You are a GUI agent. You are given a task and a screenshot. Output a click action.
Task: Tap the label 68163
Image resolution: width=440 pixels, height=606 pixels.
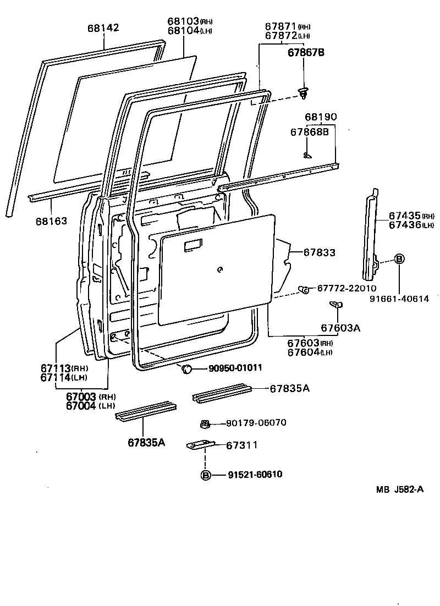click(x=51, y=221)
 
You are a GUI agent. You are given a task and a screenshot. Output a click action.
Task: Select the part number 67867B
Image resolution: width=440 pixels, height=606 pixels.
click(x=306, y=53)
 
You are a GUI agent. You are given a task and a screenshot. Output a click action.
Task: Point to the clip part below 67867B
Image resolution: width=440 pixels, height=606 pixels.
click(x=303, y=93)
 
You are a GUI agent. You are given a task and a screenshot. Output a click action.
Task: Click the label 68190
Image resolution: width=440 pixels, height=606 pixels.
click(x=321, y=117)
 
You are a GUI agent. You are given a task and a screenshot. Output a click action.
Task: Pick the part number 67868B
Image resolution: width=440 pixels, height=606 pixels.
click(x=310, y=132)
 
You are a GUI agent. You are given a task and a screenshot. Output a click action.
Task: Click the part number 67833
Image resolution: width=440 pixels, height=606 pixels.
click(x=320, y=252)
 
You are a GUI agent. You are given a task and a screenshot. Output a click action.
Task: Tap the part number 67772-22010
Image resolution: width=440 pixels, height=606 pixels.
click(x=345, y=288)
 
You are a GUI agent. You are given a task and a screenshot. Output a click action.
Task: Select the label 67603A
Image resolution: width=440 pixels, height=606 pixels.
click(x=340, y=328)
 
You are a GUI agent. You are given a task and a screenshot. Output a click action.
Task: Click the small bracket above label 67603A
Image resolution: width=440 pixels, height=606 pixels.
click(x=335, y=304)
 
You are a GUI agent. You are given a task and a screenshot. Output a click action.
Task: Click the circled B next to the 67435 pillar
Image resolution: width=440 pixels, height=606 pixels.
click(x=399, y=260)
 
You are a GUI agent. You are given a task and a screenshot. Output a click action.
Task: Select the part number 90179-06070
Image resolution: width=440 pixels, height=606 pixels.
click(x=256, y=423)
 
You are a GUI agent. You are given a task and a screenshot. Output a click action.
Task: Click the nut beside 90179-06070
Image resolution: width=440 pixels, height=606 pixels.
click(x=205, y=423)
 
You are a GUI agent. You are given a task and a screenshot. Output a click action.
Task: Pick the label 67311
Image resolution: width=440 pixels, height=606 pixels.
click(x=242, y=445)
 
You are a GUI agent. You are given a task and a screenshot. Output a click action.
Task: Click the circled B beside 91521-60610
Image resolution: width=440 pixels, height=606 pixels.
click(x=206, y=475)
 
